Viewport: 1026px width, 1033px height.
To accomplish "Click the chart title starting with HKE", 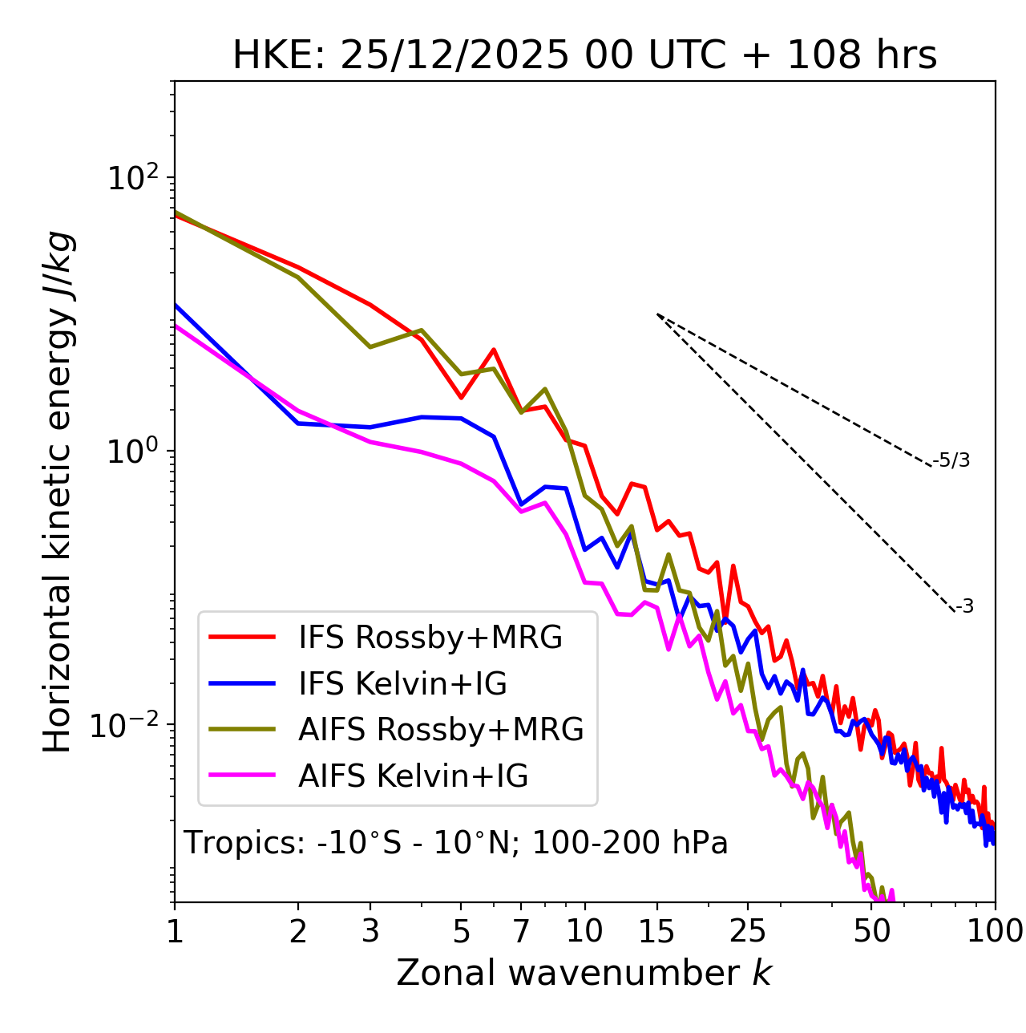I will click(x=584, y=56).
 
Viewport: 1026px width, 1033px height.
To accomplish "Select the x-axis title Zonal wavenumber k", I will click(x=584, y=973).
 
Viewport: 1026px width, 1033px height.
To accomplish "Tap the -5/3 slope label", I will click(x=951, y=461).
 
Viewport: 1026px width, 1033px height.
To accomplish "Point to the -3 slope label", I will click(x=964, y=607).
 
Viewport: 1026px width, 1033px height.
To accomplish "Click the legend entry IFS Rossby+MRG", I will click(x=430, y=638).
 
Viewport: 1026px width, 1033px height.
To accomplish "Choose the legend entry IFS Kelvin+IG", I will click(x=402, y=684).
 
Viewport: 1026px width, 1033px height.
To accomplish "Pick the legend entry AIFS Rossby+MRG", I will click(x=441, y=730).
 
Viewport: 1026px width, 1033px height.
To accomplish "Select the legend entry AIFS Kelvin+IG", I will click(x=413, y=776).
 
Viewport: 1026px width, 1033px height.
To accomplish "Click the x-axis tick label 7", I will click(x=521, y=931).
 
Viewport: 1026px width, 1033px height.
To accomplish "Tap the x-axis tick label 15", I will click(x=656, y=931).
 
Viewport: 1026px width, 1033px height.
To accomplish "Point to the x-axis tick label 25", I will click(x=748, y=931).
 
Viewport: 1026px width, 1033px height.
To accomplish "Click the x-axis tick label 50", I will click(x=872, y=931).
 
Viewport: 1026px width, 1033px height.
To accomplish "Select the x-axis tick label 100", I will click(x=995, y=931).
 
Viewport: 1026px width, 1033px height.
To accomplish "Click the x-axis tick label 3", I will click(x=370, y=931).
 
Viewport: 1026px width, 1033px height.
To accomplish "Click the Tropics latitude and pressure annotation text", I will click(x=455, y=844).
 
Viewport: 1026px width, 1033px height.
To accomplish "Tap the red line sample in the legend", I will click(x=242, y=637).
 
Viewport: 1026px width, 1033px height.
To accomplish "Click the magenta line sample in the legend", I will click(x=242, y=776).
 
